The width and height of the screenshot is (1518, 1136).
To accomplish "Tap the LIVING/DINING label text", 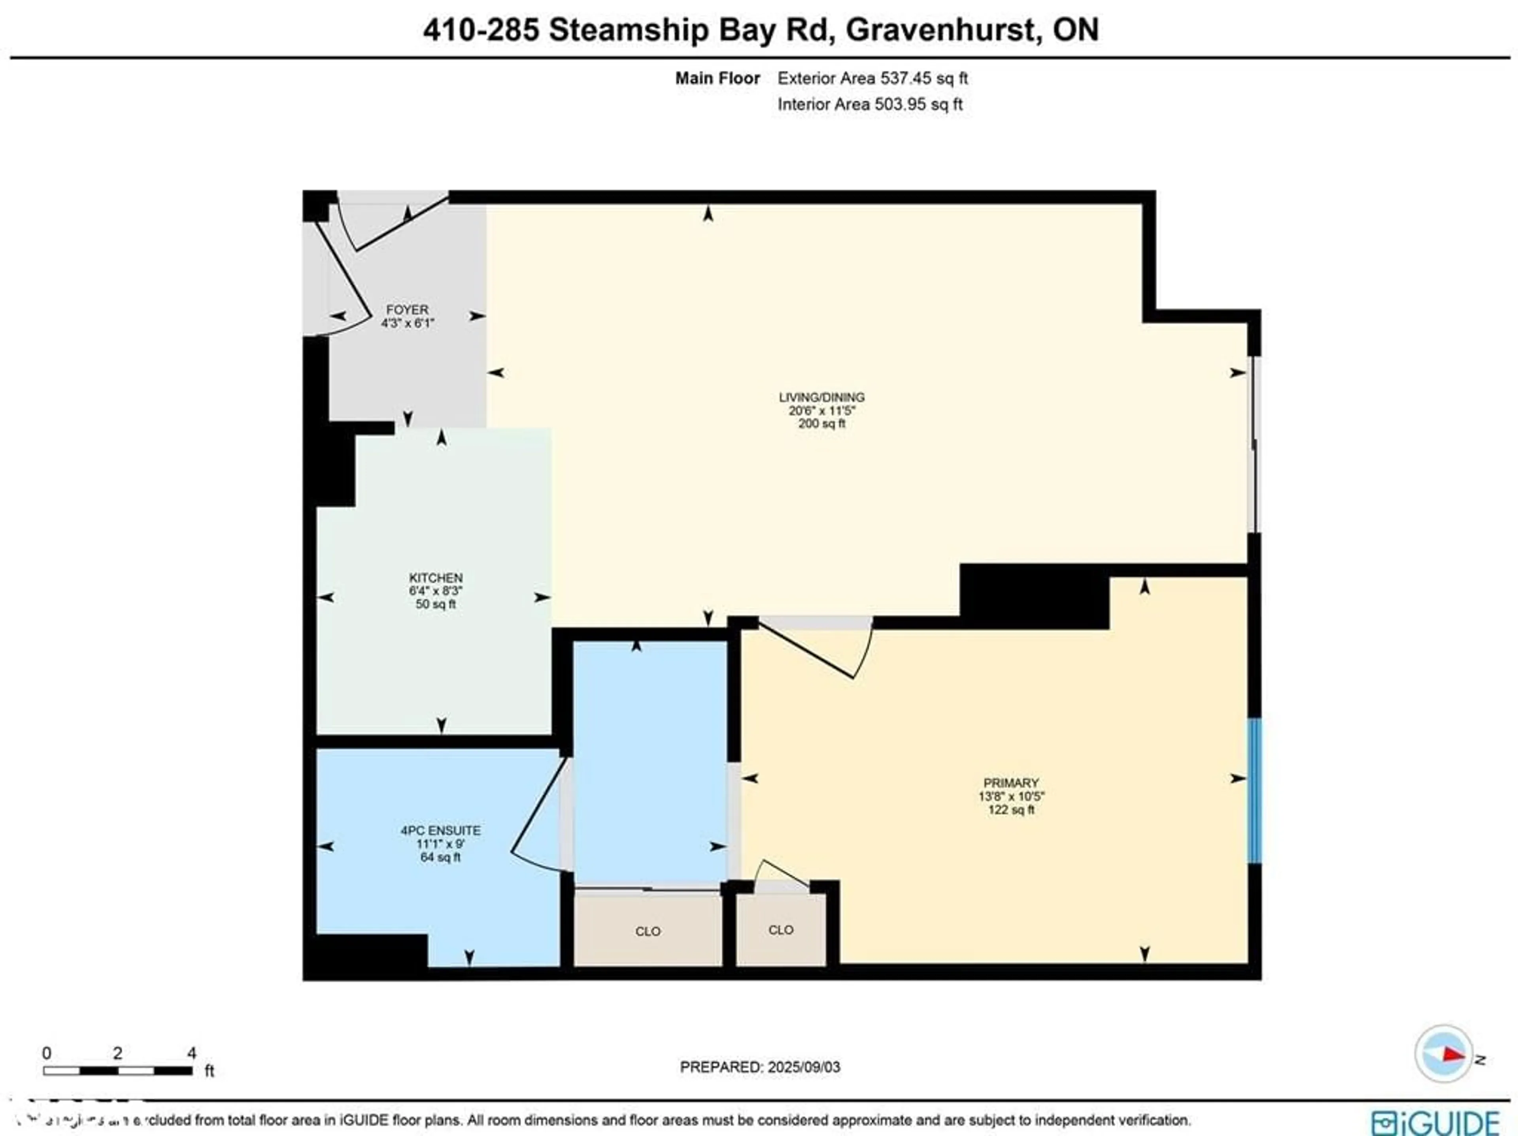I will (x=821, y=397).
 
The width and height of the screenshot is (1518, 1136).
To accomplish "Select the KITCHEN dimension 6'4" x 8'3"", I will (x=436, y=590).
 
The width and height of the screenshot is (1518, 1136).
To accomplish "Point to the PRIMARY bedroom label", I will (x=1011, y=783).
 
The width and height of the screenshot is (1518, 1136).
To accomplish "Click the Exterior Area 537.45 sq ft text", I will (x=872, y=78).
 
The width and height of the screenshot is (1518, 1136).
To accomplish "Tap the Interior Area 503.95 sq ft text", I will (x=869, y=104).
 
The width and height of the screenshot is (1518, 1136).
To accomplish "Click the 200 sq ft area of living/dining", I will (x=821, y=423).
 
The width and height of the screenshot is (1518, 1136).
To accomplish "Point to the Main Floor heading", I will (x=717, y=78).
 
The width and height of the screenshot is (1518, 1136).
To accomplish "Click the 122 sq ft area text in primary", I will (x=1011, y=810).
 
